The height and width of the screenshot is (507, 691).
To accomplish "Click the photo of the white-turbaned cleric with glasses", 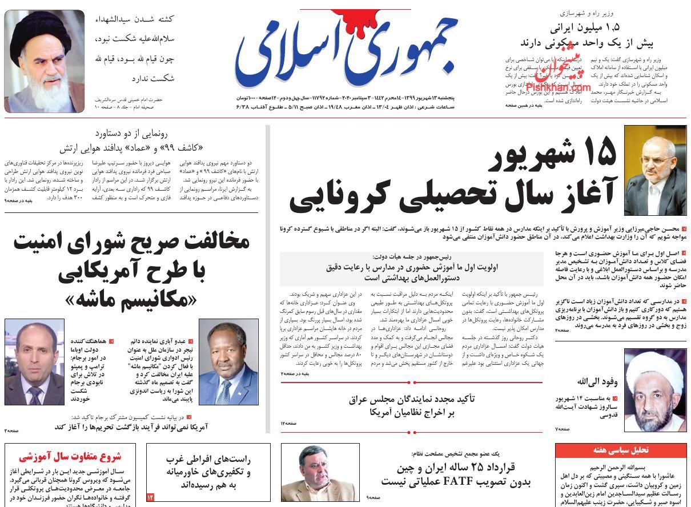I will click(x=654, y=389).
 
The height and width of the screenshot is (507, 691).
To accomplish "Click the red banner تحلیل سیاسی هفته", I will click(x=620, y=450).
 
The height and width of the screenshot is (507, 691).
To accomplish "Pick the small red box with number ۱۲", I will click(x=151, y=497).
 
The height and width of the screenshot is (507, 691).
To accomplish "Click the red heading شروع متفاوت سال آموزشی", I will click(x=70, y=457).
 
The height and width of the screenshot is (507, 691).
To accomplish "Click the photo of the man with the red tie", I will click(x=34, y=361).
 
